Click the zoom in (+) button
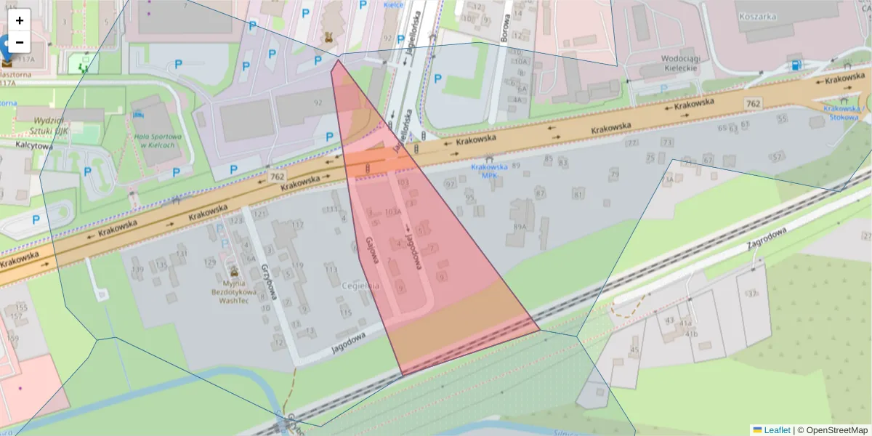[20, 20]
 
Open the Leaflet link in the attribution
[776, 430]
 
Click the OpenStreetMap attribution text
[836, 430]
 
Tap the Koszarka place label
[757, 16]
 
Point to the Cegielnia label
[360, 286]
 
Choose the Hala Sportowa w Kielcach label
[154, 140]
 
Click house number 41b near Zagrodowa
[691, 334]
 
